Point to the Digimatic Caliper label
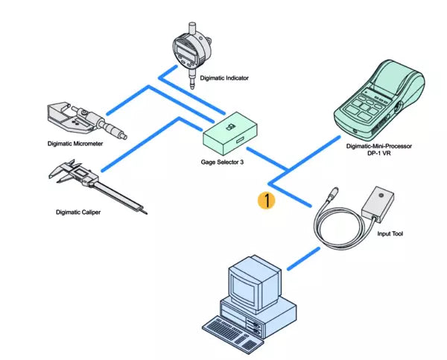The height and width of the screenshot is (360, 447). click(x=78, y=212)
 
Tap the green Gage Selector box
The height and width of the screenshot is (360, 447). click(x=232, y=134)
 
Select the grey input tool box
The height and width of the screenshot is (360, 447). click(x=378, y=203)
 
